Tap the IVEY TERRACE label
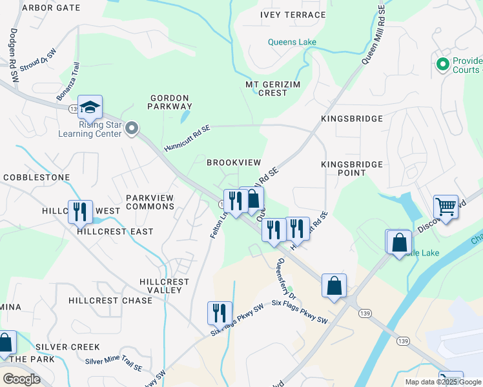click(x=293, y=15)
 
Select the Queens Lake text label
click(x=293, y=43)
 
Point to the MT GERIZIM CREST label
click(x=266, y=88)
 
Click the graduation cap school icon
click(x=90, y=107)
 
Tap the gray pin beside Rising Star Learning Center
click(x=132, y=128)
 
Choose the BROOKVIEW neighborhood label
click(x=233, y=163)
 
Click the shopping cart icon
click(x=446, y=207)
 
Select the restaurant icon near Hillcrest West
click(x=80, y=212)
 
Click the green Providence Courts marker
click(x=442, y=64)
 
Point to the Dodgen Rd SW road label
click(x=13, y=55)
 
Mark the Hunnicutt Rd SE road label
click(x=187, y=138)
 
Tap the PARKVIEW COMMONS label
click(x=150, y=202)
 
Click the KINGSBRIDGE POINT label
click(x=352, y=169)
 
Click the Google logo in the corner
click(x=21, y=379)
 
